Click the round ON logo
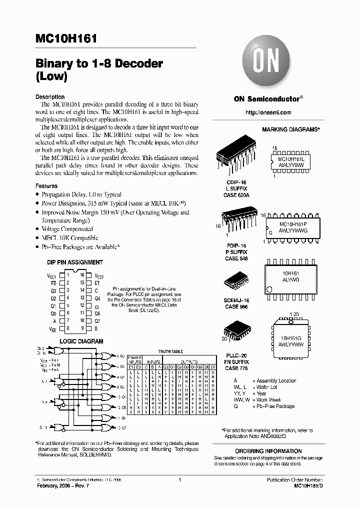[266, 62]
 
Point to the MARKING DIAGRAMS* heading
[291, 129]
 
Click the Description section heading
[50, 97]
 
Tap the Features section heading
[46, 186]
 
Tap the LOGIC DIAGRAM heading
[81, 341]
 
